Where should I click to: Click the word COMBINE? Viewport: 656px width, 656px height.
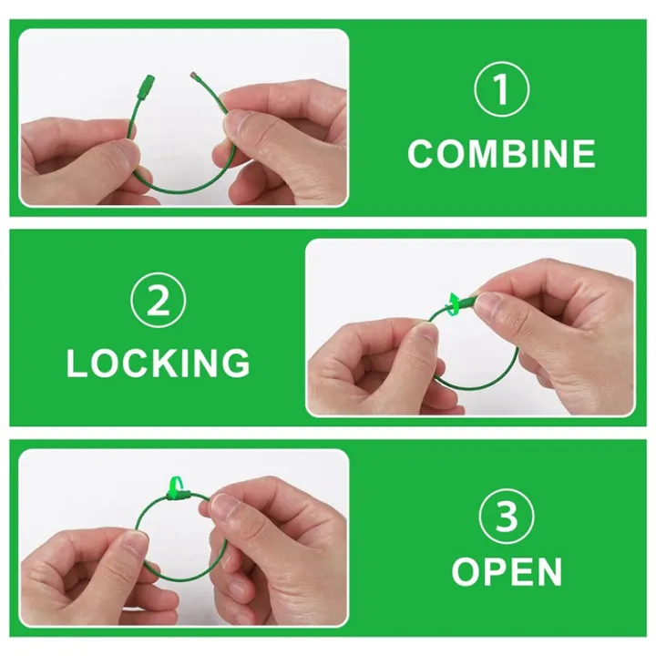501,154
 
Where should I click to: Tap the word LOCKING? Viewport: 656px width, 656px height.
158,363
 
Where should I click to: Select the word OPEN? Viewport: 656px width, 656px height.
507,572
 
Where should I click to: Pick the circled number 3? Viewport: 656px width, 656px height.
507,517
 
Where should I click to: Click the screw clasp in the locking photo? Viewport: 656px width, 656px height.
466,302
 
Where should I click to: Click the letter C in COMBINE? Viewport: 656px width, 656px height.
421,154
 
